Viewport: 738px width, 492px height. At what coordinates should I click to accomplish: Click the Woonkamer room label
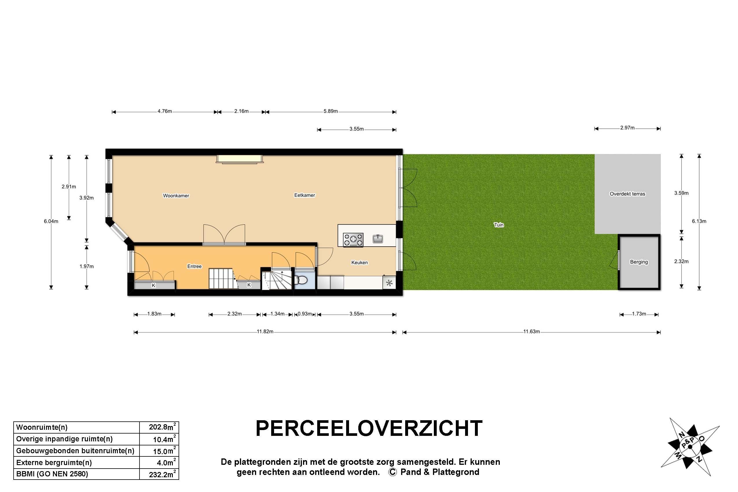click(176, 196)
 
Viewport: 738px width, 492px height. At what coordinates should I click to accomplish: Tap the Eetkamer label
click(304, 195)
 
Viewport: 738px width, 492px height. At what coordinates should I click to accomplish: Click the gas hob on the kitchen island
click(353, 240)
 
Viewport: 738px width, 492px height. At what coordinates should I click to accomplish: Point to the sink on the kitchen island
click(378, 239)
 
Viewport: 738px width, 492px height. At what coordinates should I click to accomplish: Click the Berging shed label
click(639, 262)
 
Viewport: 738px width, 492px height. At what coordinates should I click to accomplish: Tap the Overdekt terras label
click(627, 194)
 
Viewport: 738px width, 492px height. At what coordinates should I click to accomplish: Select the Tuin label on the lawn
click(499, 225)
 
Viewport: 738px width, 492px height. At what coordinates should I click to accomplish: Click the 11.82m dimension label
click(265, 332)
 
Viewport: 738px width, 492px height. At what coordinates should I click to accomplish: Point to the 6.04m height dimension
click(51, 221)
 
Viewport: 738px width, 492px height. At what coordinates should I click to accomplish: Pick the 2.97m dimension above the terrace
click(627, 128)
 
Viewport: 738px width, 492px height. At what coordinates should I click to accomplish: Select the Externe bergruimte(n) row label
click(54, 462)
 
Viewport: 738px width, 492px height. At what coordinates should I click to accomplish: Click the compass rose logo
click(690, 446)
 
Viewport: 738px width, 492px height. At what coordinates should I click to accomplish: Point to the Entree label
click(194, 266)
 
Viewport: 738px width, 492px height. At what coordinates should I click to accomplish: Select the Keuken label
click(359, 262)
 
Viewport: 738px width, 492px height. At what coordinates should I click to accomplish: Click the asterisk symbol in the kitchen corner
click(389, 283)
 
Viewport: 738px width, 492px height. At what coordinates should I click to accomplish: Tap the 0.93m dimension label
click(305, 314)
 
